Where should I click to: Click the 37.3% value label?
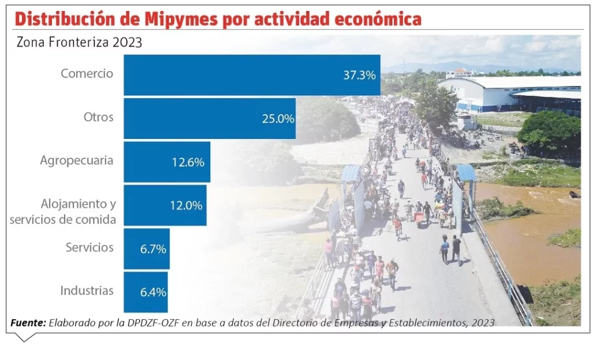(x=359, y=75)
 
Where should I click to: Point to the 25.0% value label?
(x=278, y=119)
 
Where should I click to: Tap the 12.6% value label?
(x=187, y=162)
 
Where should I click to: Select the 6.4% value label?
(x=153, y=292)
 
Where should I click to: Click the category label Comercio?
(x=87, y=74)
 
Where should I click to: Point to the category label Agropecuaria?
(x=76, y=161)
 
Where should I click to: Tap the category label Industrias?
(x=87, y=291)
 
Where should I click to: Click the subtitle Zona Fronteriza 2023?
(x=79, y=42)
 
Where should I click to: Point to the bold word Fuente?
(x=29, y=323)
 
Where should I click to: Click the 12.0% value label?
(x=186, y=205)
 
